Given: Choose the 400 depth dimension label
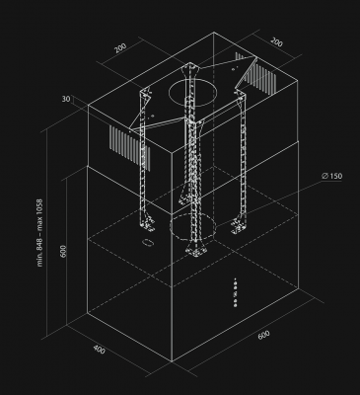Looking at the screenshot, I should (101, 350).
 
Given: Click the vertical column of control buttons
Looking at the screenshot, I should (235, 292).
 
